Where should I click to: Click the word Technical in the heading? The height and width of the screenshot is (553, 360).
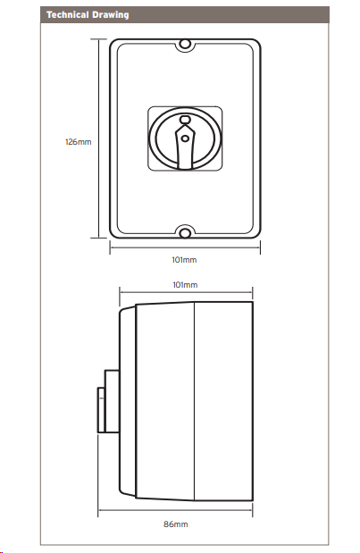(x=68, y=15)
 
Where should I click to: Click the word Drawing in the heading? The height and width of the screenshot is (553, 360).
(x=111, y=15)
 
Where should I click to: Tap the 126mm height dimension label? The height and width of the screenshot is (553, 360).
(x=79, y=142)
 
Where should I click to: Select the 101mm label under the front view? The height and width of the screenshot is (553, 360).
(x=184, y=260)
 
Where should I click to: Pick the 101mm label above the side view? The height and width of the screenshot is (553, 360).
(x=185, y=285)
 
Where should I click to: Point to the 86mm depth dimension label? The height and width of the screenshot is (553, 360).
(x=176, y=524)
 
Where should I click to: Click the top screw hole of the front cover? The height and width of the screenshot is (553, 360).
(x=185, y=45)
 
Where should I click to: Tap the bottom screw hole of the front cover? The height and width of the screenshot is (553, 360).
(x=185, y=233)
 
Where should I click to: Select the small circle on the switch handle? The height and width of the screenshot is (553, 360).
(x=185, y=138)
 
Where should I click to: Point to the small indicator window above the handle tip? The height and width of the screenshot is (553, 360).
(x=185, y=119)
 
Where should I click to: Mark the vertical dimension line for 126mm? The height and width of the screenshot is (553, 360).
(x=99, y=138)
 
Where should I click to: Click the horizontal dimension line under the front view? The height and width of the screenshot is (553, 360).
(x=185, y=247)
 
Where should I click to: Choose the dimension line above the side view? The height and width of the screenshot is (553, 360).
(x=186, y=292)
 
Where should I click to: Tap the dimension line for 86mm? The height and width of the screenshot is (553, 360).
(x=175, y=510)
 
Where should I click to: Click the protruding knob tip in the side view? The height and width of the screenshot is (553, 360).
(x=101, y=410)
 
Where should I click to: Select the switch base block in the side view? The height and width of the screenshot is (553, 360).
(x=112, y=401)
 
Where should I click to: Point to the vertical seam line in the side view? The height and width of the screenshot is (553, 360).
(x=194, y=401)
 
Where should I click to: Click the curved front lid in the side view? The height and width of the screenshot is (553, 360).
(x=127, y=401)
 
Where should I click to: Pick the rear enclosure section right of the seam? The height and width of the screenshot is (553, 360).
(x=223, y=401)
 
